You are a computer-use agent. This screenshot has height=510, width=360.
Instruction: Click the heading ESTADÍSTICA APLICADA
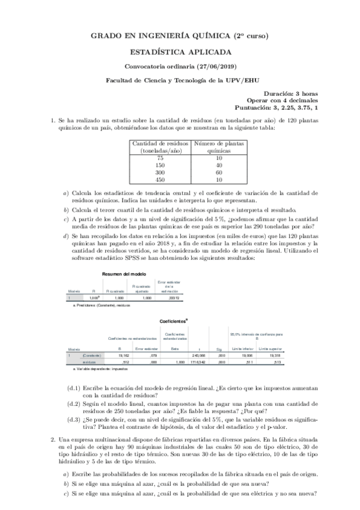180,52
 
